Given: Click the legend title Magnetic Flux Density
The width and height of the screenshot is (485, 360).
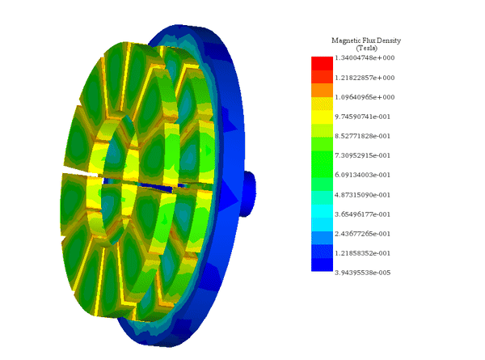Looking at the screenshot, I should click(366, 40).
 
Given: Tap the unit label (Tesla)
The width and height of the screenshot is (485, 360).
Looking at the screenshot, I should click(366, 49).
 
